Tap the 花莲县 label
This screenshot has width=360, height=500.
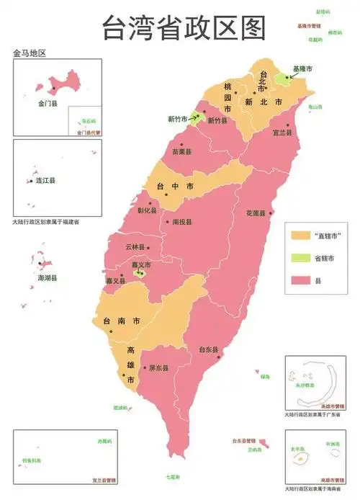[x=256, y=214]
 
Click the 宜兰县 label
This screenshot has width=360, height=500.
[x=282, y=133]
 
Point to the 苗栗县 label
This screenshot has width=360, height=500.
[x=181, y=153]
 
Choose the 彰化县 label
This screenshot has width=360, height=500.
[x=148, y=211]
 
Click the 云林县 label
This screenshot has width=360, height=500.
[x=135, y=246]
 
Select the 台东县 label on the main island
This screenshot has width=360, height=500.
[x=209, y=349]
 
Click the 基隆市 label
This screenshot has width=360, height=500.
[x=302, y=68]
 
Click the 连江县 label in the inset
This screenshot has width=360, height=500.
[x=46, y=182]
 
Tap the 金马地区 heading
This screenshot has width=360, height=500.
[x=30, y=53]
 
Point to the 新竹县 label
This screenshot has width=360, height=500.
[x=217, y=121]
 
